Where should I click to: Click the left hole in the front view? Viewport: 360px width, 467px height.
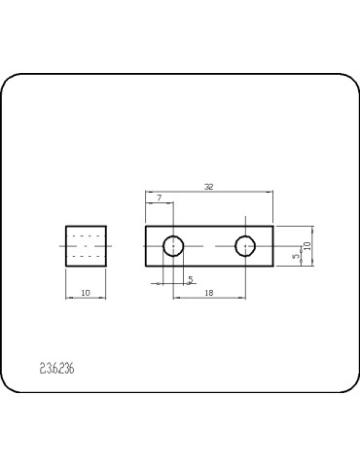[173, 246]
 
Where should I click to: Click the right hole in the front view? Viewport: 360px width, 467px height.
[245, 246]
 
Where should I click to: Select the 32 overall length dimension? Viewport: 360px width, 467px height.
[209, 186]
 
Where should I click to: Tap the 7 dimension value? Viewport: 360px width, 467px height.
[159, 198]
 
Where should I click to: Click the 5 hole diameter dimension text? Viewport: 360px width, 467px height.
[191, 279]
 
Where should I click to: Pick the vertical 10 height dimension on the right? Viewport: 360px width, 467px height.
[306, 246]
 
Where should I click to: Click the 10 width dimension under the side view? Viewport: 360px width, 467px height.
[86, 292]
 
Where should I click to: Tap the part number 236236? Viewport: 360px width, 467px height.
[57, 369]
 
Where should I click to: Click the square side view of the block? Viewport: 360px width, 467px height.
[86, 246]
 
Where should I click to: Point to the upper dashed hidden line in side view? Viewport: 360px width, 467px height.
[87, 236]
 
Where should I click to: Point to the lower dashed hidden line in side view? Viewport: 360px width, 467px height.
[87, 256]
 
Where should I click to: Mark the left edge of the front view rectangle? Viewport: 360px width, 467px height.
[145, 246]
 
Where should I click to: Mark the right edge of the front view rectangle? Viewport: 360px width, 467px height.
[274, 246]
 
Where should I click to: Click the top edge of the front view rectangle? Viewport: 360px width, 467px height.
[209, 226]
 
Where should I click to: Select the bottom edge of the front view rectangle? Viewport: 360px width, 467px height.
[209, 267]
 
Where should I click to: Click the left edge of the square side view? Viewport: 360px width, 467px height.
[66, 246]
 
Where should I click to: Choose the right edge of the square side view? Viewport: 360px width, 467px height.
[105, 246]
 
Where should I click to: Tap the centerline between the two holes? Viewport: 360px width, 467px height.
[209, 246]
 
